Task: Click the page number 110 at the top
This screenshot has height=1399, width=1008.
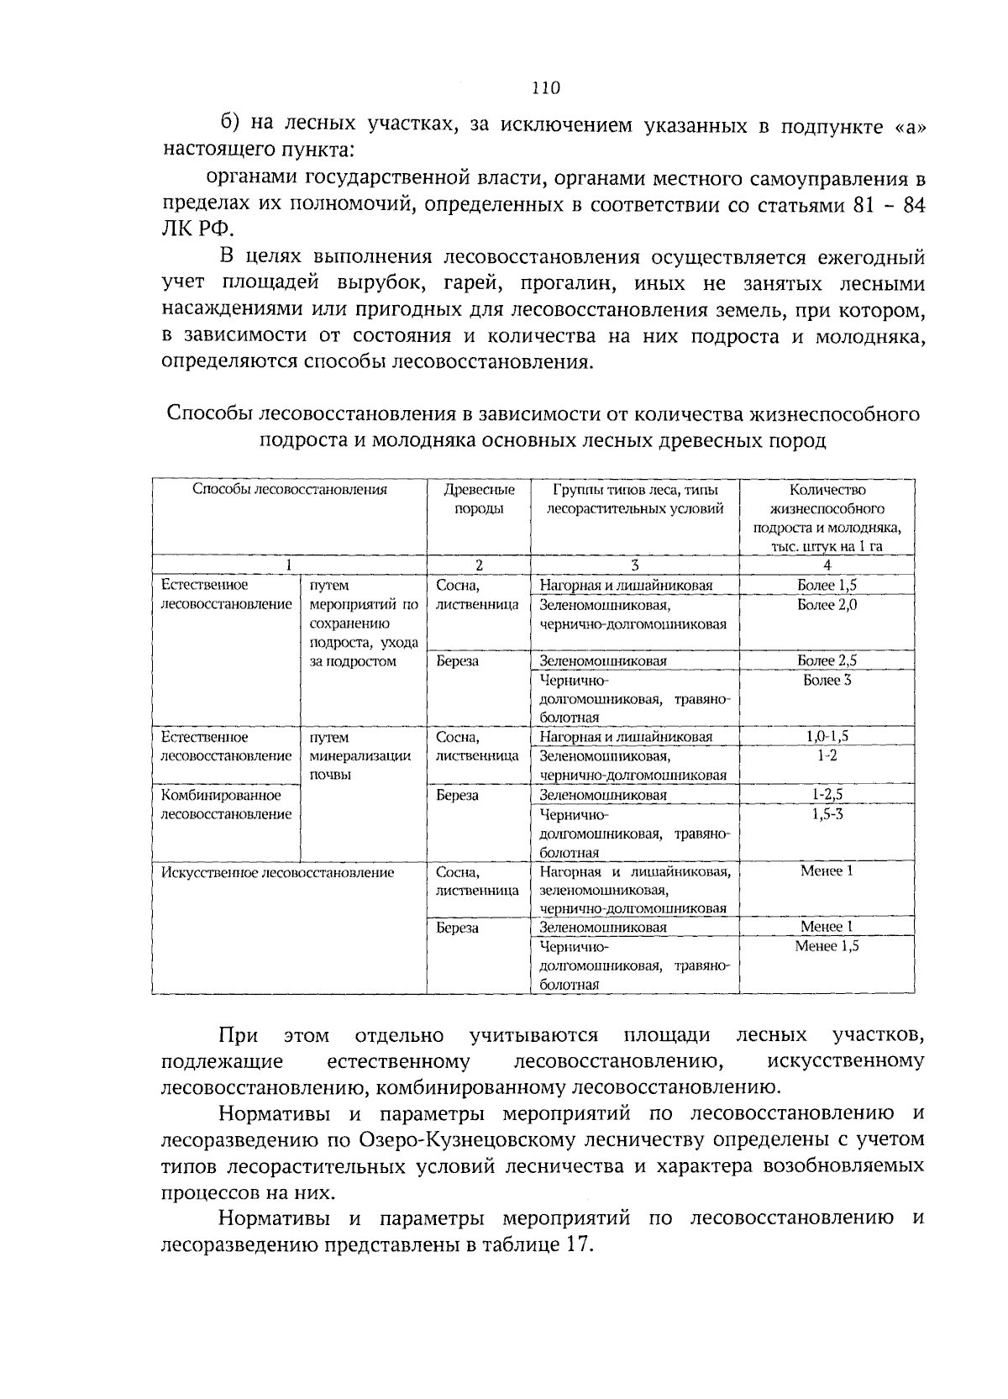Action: click(545, 88)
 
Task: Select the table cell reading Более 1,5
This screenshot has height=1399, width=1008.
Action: click(827, 586)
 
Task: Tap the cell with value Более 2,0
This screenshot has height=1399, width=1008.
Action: click(827, 605)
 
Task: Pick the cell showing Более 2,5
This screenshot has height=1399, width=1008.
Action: click(827, 661)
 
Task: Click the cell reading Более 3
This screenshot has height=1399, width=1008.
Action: click(827, 680)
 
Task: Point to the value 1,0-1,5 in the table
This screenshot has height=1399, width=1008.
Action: click(827, 737)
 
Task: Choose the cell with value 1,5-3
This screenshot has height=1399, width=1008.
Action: click(827, 814)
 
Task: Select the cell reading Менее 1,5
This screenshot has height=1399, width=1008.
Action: click(827, 946)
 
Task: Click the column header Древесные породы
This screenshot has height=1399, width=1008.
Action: click(479, 499)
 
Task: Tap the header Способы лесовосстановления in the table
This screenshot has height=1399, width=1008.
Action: click(290, 490)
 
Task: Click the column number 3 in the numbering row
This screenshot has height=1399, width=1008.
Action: click(635, 565)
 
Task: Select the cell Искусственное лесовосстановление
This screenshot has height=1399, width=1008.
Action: click(277, 872)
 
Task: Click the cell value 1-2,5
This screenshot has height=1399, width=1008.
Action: click(827, 795)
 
